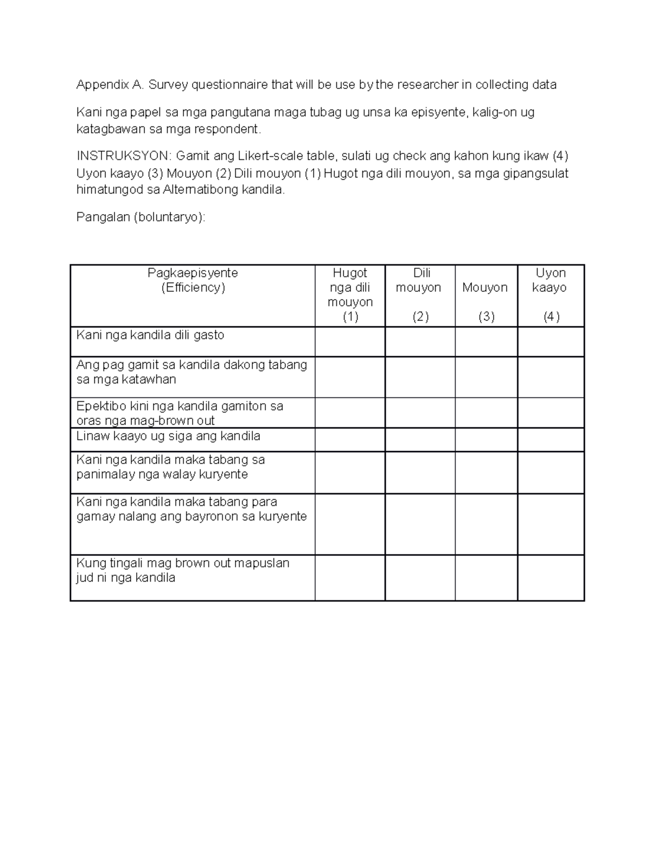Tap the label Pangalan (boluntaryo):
click(x=141, y=217)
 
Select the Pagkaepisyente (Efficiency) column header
click(x=193, y=280)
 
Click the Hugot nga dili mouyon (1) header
click(x=350, y=295)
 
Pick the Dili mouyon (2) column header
click(x=420, y=295)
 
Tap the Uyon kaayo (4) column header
click(x=550, y=295)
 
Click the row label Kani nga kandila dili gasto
click(x=150, y=335)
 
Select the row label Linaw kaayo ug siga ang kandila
click(x=168, y=436)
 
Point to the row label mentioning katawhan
click(x=192, y=372)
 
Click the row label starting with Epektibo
click(x=180, y=413)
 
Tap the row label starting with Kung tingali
click(x=183, y=570)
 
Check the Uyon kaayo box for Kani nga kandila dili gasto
click(x=551, y=342)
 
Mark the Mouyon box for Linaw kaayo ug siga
click(x=486, y=440)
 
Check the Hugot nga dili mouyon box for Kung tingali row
click(x=350, y=577)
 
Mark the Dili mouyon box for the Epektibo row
click(x=420, y=413)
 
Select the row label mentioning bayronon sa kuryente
click(x=192, y=509)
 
